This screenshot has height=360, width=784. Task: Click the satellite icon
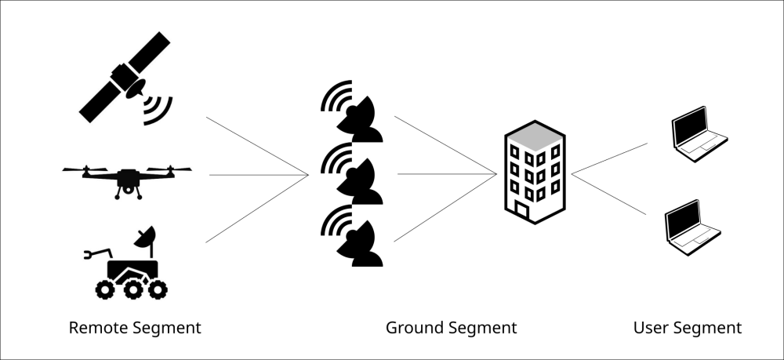(x=125, y=78)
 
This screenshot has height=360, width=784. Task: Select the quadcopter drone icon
(x=127, y=180)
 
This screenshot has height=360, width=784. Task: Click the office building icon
(x=535, y=172)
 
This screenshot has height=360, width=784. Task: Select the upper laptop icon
(x=699, y=134)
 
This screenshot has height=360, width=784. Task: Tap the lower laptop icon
(x=692, y=227)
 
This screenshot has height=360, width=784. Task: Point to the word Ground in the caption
(x=412, y=328)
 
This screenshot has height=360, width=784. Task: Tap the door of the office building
(x=521, y=210)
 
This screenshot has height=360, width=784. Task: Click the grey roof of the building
(x=535, y=136)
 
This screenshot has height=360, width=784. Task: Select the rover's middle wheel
(x=133, y=289)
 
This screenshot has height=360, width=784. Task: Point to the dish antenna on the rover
(x=145, y=237)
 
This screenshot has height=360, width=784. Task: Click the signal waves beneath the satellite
(x=158, y=111)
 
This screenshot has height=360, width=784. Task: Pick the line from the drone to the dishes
(x=259, y=175)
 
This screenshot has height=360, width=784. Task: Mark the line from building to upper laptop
(x=609, y=158)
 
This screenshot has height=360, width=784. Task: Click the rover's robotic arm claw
(x=89, y=255)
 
